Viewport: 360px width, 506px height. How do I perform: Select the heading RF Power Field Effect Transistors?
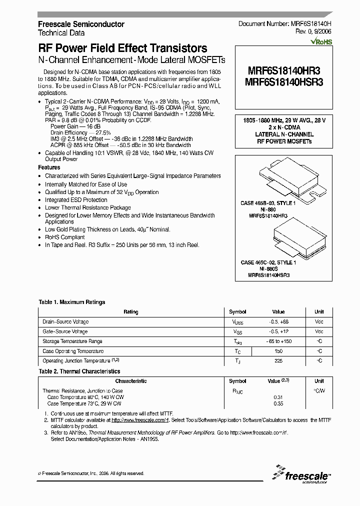click(122, 48)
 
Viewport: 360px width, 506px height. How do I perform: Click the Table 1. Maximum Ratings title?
click(72, 302)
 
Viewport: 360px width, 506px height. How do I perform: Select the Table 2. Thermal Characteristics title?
click(79, 371)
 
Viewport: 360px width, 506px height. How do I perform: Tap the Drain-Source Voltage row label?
click(65, 322)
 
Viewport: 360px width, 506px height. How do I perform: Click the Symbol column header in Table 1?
click(237, 312)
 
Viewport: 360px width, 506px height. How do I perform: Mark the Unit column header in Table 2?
click(318, 381)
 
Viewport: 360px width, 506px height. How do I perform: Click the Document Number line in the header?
click(285, 24)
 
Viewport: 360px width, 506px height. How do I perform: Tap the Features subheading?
click(49, 167)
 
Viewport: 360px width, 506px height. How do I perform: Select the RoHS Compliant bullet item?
click(65, 237)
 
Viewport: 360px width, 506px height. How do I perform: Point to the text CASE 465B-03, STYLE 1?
click(268, 204)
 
